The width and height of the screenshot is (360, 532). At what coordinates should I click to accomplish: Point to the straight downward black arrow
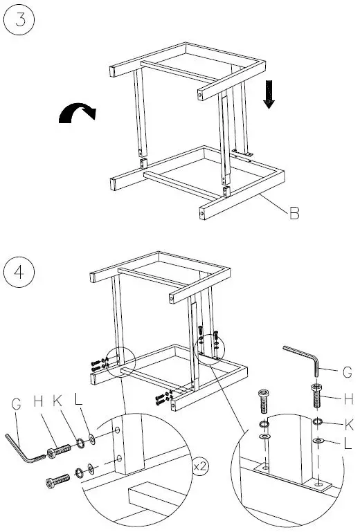[x=269, y=95]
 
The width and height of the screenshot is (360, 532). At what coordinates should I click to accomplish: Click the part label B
[x=294, y=214]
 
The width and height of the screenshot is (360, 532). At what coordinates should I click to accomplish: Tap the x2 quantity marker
[x=200, y=467]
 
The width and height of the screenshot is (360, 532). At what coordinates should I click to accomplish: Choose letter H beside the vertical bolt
[x=349, y=398]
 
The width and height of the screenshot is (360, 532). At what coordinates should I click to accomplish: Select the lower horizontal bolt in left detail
[x=60, y=479]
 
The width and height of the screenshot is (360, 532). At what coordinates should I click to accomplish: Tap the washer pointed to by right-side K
[x=317, y=423]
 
